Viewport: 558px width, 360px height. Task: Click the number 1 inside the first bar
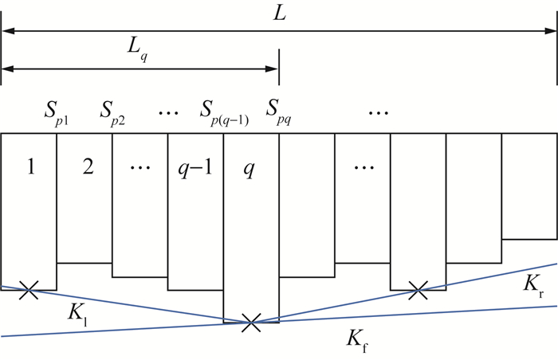[29, 170]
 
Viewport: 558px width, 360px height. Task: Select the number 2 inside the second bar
[84, 170]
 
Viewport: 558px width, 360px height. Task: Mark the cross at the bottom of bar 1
[29, 290]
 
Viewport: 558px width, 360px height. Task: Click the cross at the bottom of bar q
[251, 322]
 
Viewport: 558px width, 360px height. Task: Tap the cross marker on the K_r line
[417, 290]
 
